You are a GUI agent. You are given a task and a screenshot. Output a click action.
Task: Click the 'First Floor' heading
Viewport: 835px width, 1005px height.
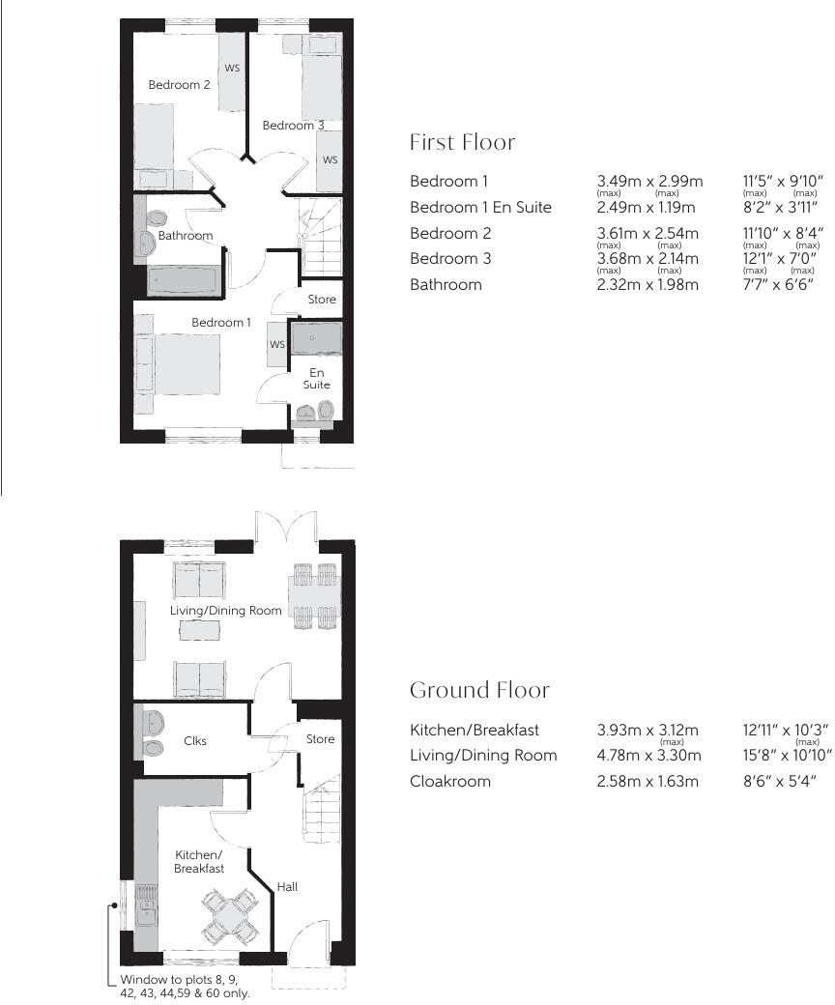point(462,143)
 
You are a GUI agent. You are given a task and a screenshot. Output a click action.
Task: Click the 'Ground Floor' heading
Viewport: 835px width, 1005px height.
point(479,690)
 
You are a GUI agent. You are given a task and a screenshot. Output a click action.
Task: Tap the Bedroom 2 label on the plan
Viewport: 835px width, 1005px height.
point(179,85)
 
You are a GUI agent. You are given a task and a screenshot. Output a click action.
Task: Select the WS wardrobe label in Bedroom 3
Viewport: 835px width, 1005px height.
point(331,159)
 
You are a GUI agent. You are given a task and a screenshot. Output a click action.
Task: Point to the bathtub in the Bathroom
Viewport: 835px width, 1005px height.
point(182,281)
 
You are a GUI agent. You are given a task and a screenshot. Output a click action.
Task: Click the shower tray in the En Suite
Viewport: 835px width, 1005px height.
point(316,339)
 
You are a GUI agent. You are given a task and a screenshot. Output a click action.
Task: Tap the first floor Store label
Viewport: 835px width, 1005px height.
point(322,300)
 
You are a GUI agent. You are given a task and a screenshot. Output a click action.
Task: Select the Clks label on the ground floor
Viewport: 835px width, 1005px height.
point(195,741)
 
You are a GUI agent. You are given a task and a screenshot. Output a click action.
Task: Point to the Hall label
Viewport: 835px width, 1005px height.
point(287,886)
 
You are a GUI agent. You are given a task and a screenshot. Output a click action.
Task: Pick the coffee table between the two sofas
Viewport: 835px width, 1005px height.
point(200,629)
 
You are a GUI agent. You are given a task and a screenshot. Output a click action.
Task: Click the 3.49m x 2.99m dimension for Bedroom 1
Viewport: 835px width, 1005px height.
point(649,182)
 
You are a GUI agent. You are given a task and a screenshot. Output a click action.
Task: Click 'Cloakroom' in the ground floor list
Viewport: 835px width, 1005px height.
point(449,781)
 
